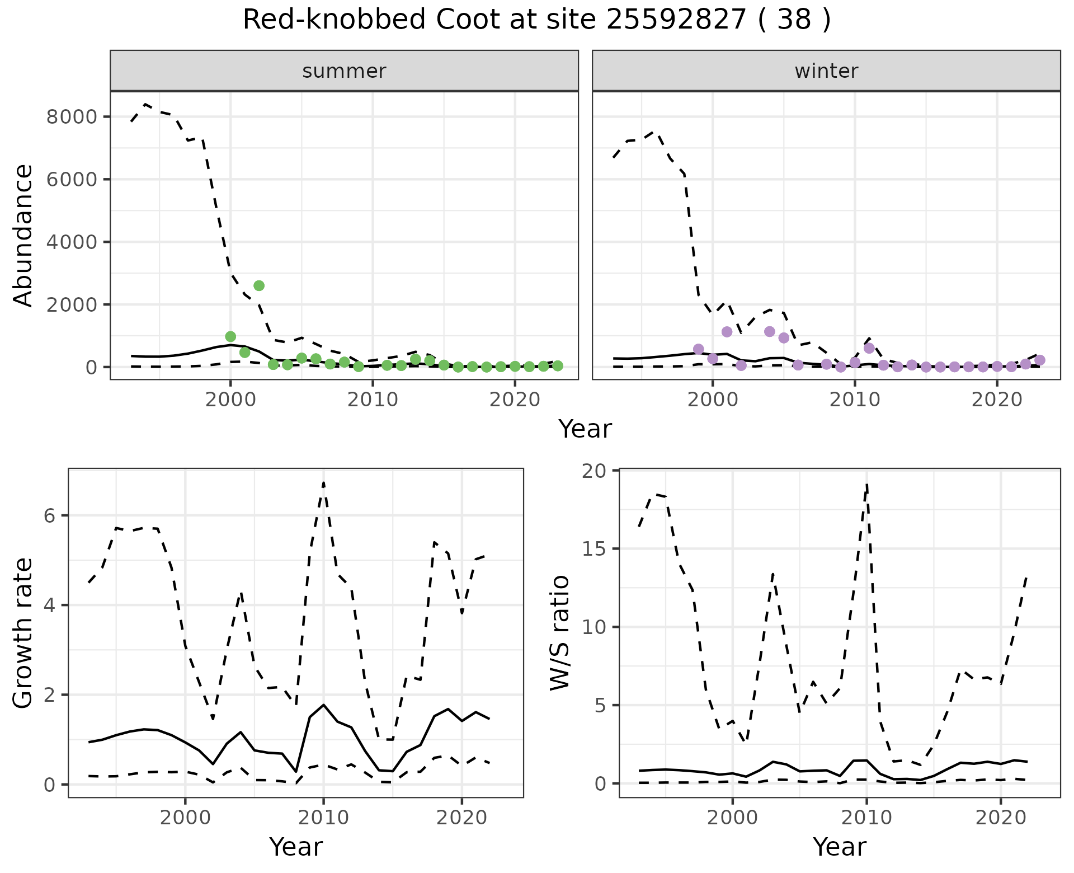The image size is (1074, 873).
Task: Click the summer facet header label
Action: [x=344, y=71]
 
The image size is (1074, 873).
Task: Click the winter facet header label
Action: [x=826, y=71]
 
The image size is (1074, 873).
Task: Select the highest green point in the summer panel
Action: [x=259, y=285]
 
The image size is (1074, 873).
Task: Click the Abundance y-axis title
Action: [x=23, y=235]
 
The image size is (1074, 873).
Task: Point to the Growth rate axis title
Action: [x=23, y=633]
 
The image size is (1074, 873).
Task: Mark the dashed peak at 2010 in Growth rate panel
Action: [x=324, y=482]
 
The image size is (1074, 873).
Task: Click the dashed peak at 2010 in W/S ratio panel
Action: [x=866, y=485]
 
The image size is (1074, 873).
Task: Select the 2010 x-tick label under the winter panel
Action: [x=854, y=400]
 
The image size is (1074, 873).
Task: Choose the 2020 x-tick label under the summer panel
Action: [x=515, y=400]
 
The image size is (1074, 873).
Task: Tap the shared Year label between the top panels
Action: [x=585, y=429]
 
